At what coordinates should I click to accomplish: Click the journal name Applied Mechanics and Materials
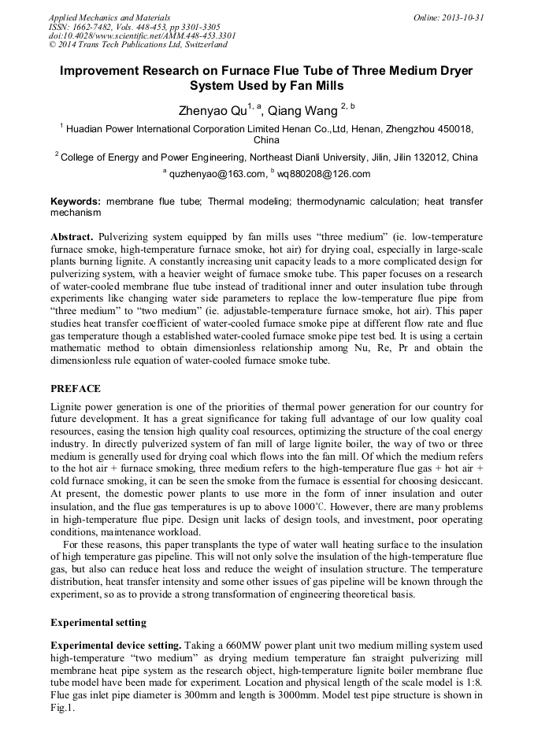(109, 17)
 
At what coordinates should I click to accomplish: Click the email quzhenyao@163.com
(216, 174)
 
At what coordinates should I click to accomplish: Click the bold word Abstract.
(72, 236)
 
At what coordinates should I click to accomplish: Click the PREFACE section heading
(76, 388)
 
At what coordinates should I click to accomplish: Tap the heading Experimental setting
(98, 622)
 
